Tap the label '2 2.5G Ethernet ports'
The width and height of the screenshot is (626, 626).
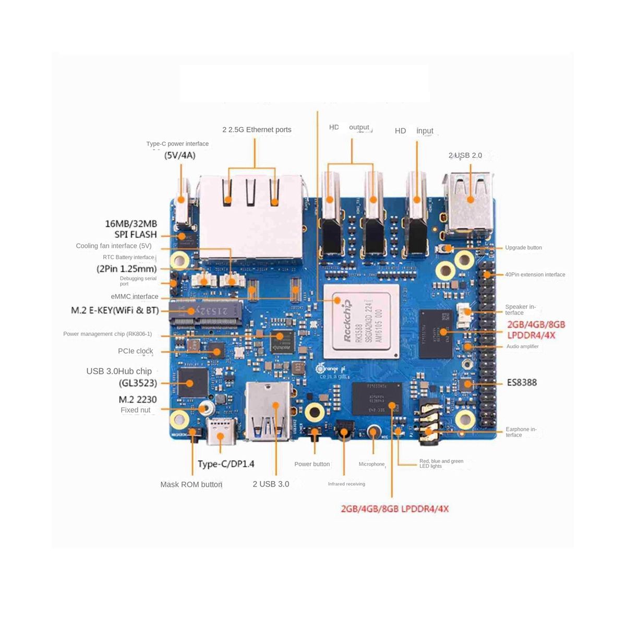click(x=257, y=130)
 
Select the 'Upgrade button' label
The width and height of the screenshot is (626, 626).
click(x=523, y=248)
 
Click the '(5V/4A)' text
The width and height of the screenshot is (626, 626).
click(x=179, y=155)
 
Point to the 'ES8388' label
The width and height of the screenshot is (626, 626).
click(x=522, y=382)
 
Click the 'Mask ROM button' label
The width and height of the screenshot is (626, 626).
click(x=191, y=485)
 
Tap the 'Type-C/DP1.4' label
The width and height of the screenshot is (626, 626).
click(x=226, y=464)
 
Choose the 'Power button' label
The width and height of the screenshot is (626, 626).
click(x=312, y=464)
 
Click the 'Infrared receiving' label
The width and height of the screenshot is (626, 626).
click(x=346, y=484)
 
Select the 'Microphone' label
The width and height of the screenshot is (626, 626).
click(x=371, y=464)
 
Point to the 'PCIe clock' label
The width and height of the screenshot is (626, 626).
click(x=136, y=351)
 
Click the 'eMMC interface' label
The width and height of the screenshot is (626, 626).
click(x=135, y=297)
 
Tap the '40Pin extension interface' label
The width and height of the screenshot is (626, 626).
click(x=535, y=274)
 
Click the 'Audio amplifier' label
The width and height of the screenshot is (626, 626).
click(x=522, y=346)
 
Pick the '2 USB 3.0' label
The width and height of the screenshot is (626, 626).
click(x=271, y=484)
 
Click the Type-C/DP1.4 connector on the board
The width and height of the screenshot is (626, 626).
click(x=222, y=430)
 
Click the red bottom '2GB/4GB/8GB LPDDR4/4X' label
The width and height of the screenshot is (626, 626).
click(x=394, y=509)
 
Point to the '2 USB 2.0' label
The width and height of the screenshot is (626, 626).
click(x=465, y=155)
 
